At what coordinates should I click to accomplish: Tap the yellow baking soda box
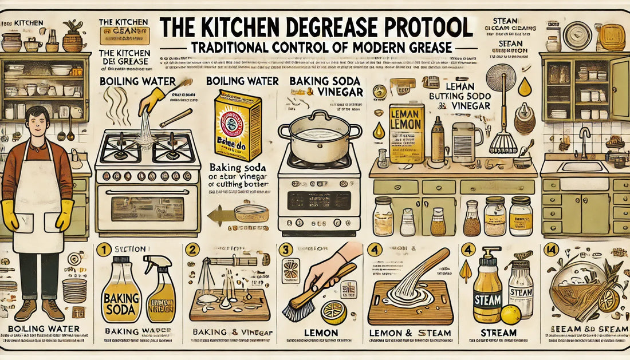237,125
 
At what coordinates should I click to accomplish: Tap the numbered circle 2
191,249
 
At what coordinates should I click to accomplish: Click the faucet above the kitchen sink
584,140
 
